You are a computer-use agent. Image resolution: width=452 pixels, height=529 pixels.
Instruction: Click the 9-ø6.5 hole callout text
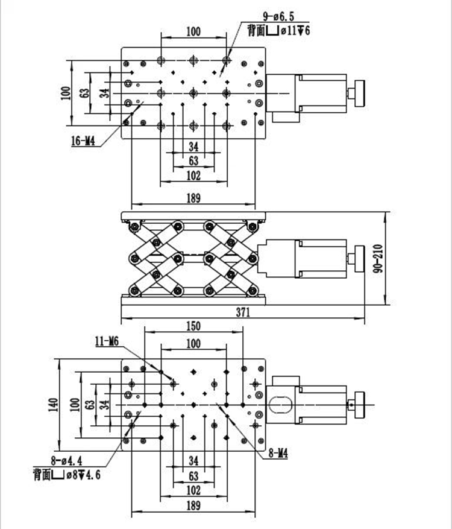pos(278,16)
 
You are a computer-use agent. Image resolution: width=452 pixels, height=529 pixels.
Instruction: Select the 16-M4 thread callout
pos(83,141)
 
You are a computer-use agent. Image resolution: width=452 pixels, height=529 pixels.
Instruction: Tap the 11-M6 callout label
pos(107,342)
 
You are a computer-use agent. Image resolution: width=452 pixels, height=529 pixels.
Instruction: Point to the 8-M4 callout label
pos(278,454)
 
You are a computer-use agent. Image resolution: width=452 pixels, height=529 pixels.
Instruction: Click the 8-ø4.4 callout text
pos(66,460)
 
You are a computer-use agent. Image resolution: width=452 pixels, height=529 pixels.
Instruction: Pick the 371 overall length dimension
pos(243,312)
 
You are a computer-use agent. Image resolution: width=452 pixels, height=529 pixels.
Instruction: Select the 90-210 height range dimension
pos(378,258)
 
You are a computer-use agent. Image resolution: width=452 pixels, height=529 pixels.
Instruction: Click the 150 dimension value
pos(193,326)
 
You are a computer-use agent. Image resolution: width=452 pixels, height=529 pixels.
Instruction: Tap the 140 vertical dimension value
pos(53,405)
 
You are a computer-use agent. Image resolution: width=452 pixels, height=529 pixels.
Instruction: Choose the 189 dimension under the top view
pos(193,198)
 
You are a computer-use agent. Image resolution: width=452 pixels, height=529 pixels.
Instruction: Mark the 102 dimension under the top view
pos(193,176)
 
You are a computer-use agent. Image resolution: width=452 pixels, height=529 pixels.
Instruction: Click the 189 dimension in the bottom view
pos(193,505)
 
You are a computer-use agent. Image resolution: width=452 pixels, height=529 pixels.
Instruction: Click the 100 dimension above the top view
pos(193,32)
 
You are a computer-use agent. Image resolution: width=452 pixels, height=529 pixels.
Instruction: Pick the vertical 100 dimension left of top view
pos(66,93)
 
